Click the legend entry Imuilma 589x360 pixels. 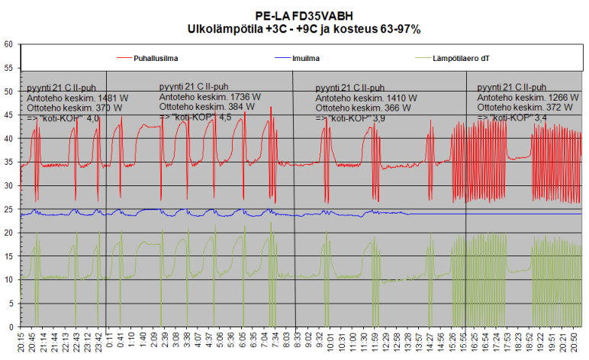306,57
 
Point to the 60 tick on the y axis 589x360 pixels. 8,44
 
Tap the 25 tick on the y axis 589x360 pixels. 8,209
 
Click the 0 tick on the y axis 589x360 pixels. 11,326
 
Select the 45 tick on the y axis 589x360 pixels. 8,115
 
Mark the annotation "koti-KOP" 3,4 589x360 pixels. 511,118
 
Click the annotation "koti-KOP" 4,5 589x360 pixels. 195,117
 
